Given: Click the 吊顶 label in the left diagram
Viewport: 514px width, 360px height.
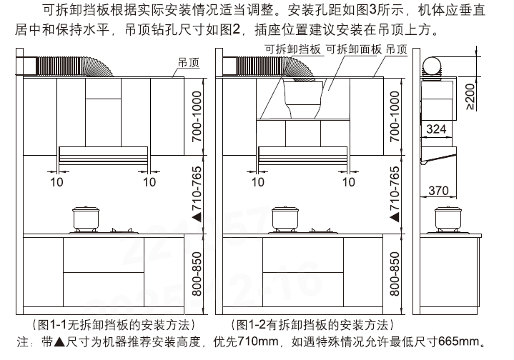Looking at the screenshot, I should click(189, 63).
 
